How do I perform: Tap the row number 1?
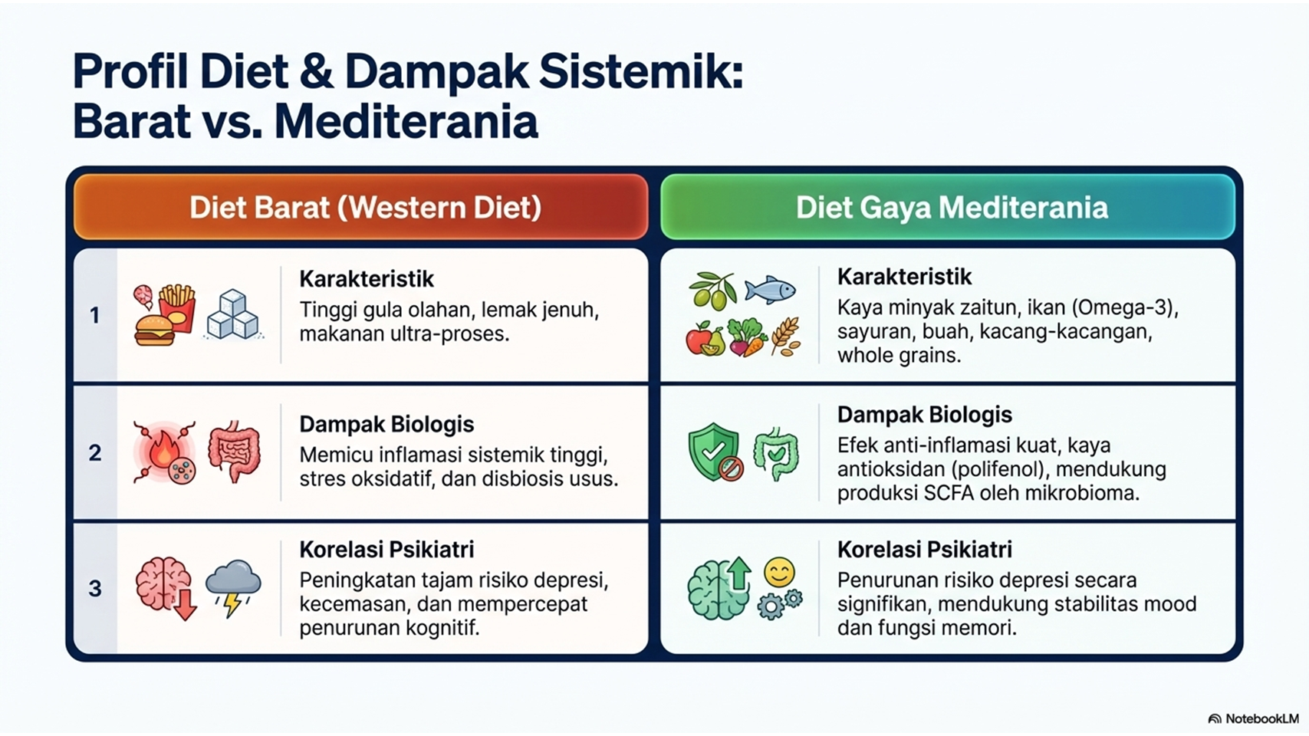[94, 315]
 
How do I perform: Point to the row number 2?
[94, 452]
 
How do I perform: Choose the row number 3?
[94, 588]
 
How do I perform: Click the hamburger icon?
[154, 330]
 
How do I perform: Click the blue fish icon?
[770, 290]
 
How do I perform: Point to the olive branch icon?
[712, 290]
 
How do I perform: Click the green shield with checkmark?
[713, 451]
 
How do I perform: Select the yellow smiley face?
[780, 573]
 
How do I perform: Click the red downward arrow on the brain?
[185, 604]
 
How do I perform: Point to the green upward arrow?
[739, 573]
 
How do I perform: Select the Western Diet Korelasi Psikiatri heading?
[386, 550]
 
